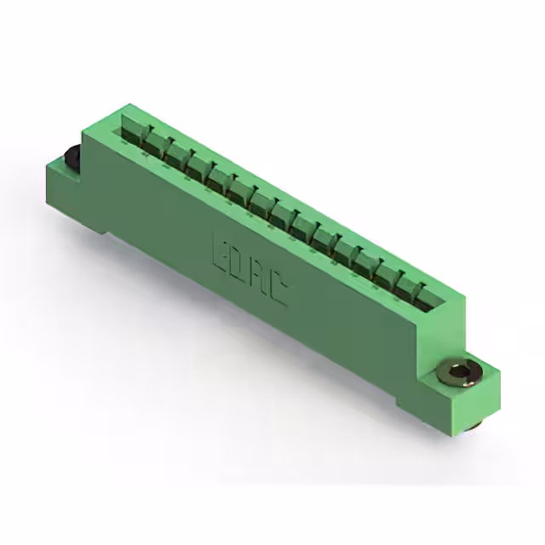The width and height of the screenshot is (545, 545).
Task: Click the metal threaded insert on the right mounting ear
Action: [460, 373]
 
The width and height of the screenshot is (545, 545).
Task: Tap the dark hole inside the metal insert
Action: [458, 372]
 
